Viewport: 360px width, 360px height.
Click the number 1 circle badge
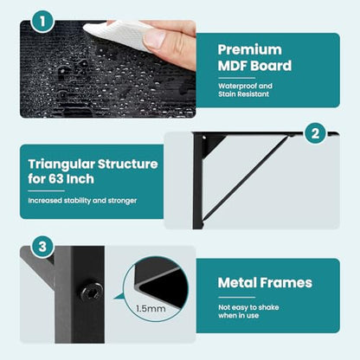[42, 21]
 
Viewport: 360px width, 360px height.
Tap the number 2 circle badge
[315, 133]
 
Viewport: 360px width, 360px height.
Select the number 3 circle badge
[42, 247]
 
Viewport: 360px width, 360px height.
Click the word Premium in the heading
[250, 50]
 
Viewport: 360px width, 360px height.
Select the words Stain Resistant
[243, 94]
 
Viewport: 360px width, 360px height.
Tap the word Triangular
[61, 164]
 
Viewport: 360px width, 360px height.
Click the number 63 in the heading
[55, 179]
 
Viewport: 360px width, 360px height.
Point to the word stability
[77, 201]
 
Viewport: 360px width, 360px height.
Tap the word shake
[269, 307]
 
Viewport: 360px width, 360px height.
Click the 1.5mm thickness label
[151, 309]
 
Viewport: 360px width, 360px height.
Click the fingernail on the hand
[154, 39]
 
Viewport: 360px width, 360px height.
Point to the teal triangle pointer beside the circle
[119, 297]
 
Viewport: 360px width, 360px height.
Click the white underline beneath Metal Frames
[236, 297]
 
